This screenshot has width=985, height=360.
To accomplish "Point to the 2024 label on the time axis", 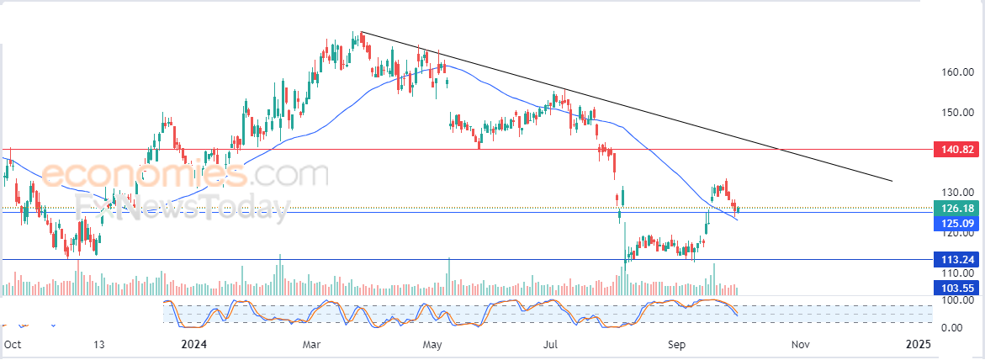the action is [x=193, y=344].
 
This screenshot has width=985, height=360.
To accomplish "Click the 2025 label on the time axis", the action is [x=916, y=344].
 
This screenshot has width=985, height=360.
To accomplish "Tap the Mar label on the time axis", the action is [x=311, y=344].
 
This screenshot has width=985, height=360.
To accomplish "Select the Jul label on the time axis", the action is [x=551, y=344].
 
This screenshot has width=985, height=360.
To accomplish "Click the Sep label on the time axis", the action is [x=676, y=344].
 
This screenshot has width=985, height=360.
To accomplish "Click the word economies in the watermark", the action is [x=143, y=174].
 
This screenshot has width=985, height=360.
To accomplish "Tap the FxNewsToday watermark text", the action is [x=183, y=206].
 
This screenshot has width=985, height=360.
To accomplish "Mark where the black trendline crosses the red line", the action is [x=779, y=150].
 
